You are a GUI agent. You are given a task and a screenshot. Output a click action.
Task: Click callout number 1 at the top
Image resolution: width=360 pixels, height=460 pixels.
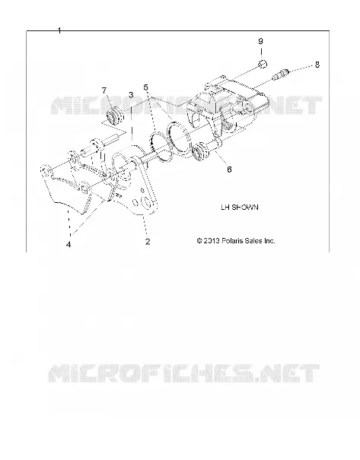pyautogui.click(x=59, y=30)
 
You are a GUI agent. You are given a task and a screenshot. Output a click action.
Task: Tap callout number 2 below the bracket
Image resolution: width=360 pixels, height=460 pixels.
pyautogui.click(x=148, y=242)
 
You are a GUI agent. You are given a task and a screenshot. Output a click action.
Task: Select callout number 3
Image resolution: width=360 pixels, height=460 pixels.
pyautogui.click(x=131, y=95)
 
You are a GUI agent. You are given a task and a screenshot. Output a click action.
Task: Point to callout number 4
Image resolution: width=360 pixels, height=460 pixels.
pyautogui.click(x=68, y=244)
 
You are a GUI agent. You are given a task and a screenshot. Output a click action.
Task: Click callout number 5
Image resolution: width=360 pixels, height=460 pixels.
pyautogui.click(x=145, y=87)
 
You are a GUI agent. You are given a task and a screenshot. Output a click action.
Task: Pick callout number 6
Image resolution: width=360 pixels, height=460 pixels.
pyautogui.click(x=229, y=170)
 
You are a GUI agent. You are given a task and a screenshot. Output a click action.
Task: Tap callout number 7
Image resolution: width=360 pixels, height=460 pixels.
pyautogui.click(x=104, y=90)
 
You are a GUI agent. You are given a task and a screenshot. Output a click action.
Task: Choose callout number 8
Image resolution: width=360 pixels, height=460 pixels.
pyautogui.click(x=317, y=65)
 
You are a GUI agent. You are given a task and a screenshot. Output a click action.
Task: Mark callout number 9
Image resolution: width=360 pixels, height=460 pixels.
pyautogui.click(x=260, y=41)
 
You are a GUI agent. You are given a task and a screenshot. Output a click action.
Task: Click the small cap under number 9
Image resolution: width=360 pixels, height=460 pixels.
pyautogui.click(x=263, y=64)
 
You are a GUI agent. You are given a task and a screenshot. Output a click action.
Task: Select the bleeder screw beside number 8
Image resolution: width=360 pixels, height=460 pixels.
pyautogui.click(x=280, y=75)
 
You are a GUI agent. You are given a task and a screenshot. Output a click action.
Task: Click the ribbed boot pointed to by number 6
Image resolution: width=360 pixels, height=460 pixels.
pyautogui.click(x=201, y=151)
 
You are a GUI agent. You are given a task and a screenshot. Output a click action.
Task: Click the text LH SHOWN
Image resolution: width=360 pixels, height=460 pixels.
pyautogui.click(x=240, y=207)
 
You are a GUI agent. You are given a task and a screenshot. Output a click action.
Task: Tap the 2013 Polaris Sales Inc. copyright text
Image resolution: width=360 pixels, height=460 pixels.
pyautogui.click(x=236, y=241)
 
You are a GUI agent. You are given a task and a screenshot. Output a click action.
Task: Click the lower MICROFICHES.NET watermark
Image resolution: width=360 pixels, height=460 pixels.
pyautogui.click(x=184, y=373)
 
